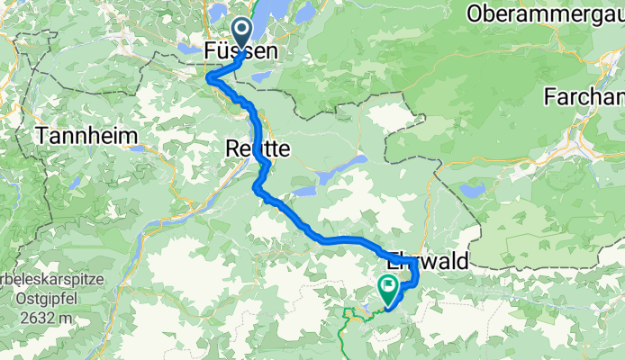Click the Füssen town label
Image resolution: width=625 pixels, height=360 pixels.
(x=240, y=51)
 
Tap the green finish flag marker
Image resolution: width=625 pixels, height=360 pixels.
(x=389, y=290)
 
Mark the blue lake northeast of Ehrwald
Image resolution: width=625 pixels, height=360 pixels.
(x=471, y=190)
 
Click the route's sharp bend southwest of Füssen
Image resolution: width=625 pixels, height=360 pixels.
(x=211, y=78)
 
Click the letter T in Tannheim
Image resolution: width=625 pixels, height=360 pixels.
(x=41, y=136)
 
